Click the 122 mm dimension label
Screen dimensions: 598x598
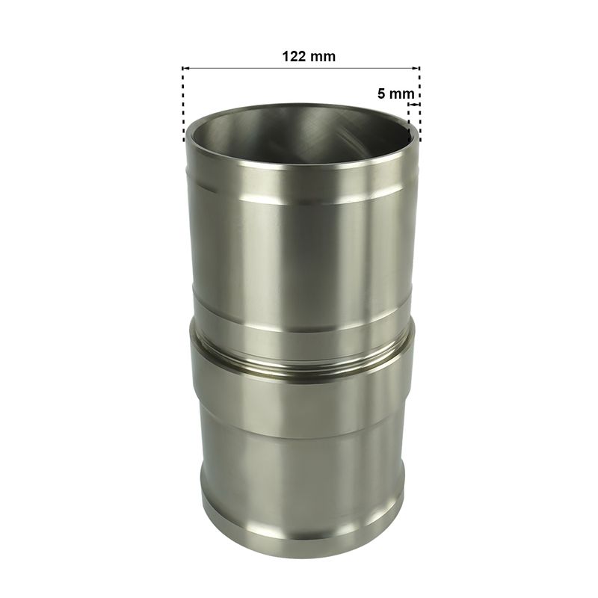click(x=309, y=57)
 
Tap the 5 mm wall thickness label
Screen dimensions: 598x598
click(x=396, y=93)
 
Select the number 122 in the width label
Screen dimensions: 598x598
click(x=294, y=57)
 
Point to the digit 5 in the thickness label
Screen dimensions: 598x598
click(x=381, y=93)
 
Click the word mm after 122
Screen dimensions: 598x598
click(x=323, y=57)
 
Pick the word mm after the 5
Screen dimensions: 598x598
click(x=402, y=94)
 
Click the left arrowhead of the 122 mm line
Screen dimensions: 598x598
click(x=185, y=68)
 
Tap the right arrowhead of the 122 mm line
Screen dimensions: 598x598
click(x=416, y=68)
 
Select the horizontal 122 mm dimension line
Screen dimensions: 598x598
click(x=301, y=68)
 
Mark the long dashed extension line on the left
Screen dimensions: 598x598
click(x=183, y=104)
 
